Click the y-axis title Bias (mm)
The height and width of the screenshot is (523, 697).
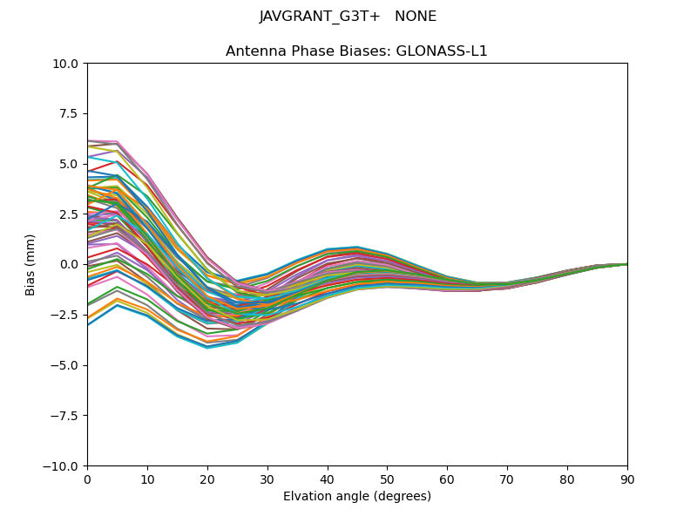tap(30, 264)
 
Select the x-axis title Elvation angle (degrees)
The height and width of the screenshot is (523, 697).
tap(357, 496)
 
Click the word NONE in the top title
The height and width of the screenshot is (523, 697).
tap(416, 17)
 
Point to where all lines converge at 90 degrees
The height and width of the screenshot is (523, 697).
tap(626, 264)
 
